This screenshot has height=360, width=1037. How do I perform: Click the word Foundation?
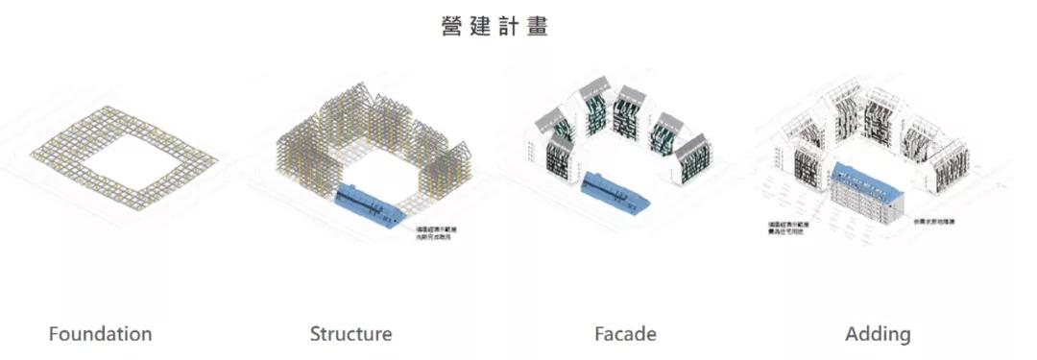click(100, 334)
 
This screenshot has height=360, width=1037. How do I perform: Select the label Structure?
click(350, 334)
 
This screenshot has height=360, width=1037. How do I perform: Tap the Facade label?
click(625, 334)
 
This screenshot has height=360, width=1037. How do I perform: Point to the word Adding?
click(878, 334)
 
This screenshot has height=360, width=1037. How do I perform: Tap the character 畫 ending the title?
click(536, 26)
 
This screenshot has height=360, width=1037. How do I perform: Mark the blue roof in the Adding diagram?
click(870, 181)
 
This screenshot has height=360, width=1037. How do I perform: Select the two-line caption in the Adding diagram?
click(784, 230)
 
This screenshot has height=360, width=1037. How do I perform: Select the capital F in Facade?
click(599, 334)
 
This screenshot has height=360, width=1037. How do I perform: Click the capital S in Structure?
click(315, 334)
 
